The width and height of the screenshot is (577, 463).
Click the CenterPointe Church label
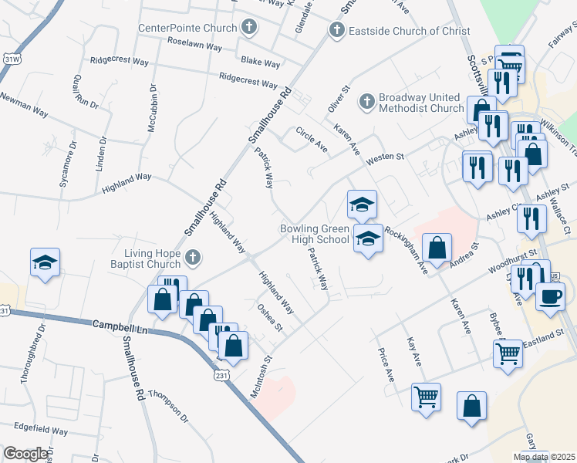tap(188, 29)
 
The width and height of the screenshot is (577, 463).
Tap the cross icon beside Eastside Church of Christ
tap(336, 30)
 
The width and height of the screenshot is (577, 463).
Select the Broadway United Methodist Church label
tap(421, 103)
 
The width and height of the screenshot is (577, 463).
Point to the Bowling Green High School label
tap(314, 235)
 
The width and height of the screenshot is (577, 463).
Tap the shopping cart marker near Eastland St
tap(508, 354)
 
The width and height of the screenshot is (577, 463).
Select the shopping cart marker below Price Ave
tap(426, 397)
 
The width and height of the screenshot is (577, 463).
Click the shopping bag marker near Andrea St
tap(437, 248)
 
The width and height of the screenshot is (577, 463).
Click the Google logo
tap(25, 454)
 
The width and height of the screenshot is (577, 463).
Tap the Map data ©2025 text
tap(544, 457)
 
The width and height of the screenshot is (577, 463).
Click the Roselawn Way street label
tap(194, 44)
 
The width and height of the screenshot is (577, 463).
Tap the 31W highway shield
tap(11, 59)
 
